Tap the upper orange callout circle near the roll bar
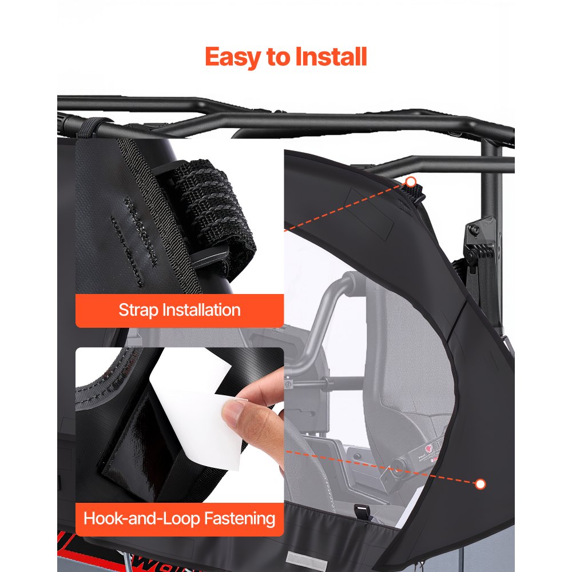[410, 182]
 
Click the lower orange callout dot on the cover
[480, 484]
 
